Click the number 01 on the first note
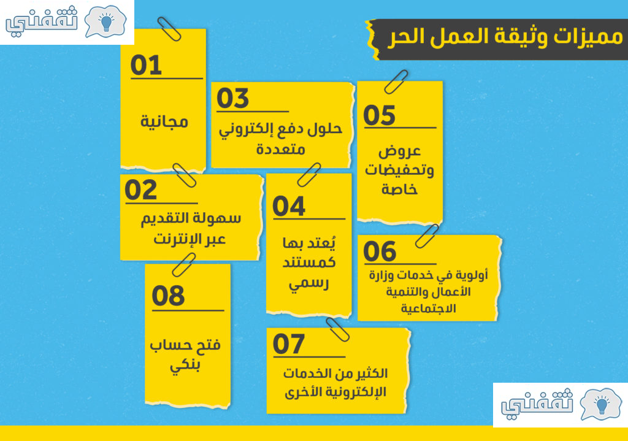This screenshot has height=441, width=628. click(x=146, y=65)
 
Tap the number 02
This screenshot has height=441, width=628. click(x=140, y=190)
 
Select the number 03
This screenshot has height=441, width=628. click(x=232, y=99)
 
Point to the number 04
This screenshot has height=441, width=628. click(x=289, y=206)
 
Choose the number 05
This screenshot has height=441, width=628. click(x=379, y=115)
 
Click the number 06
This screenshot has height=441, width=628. click(x=380, y=251)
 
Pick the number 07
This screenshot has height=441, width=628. click(x=288, y=344)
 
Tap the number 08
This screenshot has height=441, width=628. click(x=168, y=296)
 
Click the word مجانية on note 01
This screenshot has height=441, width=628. click(x=164, y=121)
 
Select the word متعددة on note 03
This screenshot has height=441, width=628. click(x=281, y=150)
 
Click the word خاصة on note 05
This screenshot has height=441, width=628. click(x=399, y=189)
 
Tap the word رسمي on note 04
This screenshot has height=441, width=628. click(x=309, y=283)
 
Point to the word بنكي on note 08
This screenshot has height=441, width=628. click(x=185, y=366)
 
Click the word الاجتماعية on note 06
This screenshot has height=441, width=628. click(x=428, y=309)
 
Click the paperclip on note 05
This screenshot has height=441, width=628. click(x=396, y=82)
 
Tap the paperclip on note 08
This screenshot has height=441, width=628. click(x=184, y=265)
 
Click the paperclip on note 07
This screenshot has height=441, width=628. click(x=338, y=329)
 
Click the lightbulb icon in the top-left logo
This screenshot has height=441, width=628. click(x=106, y=23)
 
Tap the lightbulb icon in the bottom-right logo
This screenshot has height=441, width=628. click(x=602, y=405)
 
